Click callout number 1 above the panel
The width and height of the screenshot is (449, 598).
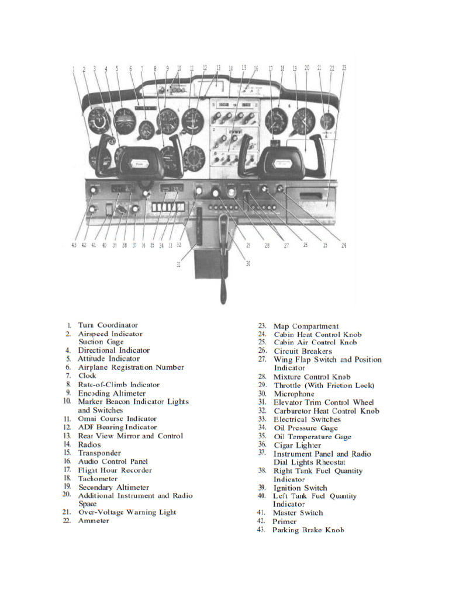74,68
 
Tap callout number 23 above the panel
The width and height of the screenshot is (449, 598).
344,68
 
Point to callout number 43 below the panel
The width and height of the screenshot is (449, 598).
74,245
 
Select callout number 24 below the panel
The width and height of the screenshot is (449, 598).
344,246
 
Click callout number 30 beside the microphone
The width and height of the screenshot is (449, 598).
248,264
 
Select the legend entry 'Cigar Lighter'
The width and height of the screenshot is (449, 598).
298,445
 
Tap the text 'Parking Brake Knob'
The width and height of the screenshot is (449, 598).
308,530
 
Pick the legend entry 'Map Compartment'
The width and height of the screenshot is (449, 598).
306,326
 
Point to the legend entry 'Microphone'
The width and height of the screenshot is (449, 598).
294,394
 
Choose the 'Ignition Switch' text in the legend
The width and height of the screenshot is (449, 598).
301,488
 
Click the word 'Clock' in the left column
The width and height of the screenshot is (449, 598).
87,376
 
